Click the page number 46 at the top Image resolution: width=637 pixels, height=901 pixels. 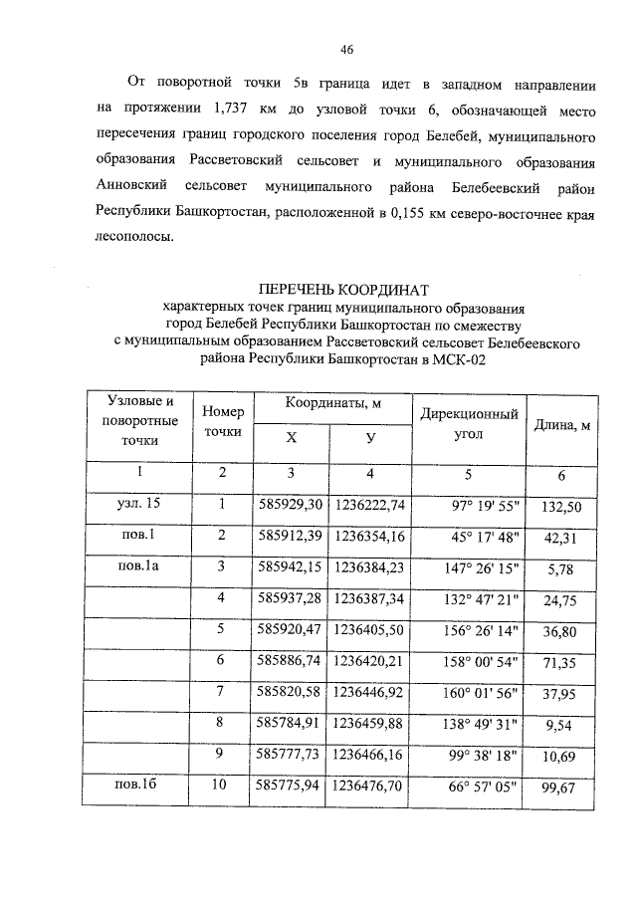click(347, 50)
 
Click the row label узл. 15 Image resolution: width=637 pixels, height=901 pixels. click(138, 505)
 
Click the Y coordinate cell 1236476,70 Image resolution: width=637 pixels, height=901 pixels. click(369, 787)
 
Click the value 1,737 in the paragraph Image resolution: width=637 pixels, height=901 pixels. click(236, 107)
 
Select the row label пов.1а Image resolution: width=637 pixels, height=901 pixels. click(137, 567)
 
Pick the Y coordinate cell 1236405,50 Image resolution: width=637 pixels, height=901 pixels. click(369, 630)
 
